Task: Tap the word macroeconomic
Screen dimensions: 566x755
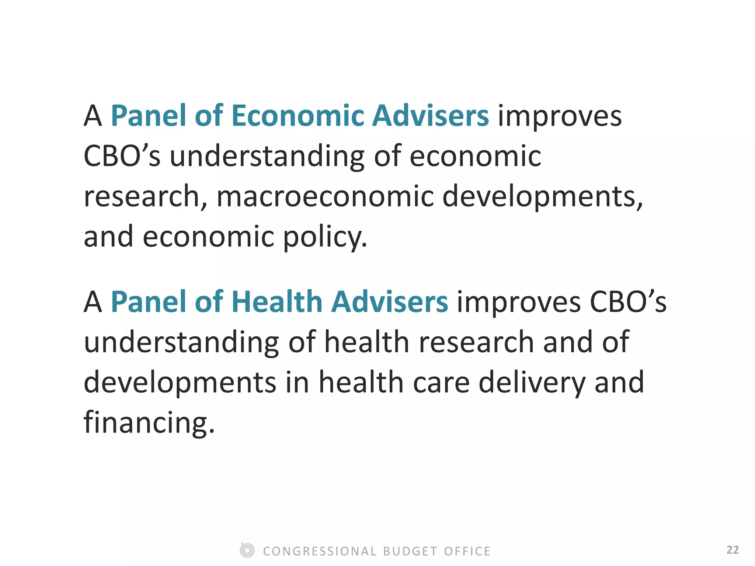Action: (325, 196)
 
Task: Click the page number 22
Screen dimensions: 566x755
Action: (733, 550)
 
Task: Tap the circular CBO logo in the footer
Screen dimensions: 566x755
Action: (247, 550)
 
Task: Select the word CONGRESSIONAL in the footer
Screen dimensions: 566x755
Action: (320, 551)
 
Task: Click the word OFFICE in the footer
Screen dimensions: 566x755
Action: (467, 551)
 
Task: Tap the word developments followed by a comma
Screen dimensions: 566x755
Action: (542, 196)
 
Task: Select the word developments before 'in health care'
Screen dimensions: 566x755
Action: (180, 382)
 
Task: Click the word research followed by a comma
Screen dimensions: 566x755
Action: (145, 196)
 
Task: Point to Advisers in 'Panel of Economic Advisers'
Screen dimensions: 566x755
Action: (430, 116)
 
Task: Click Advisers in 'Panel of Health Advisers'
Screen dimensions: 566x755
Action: (390, 302)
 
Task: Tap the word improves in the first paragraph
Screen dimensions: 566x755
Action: (560, 116)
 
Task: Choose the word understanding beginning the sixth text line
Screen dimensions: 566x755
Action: (181, 342)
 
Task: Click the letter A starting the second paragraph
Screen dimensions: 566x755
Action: (93, 302)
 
